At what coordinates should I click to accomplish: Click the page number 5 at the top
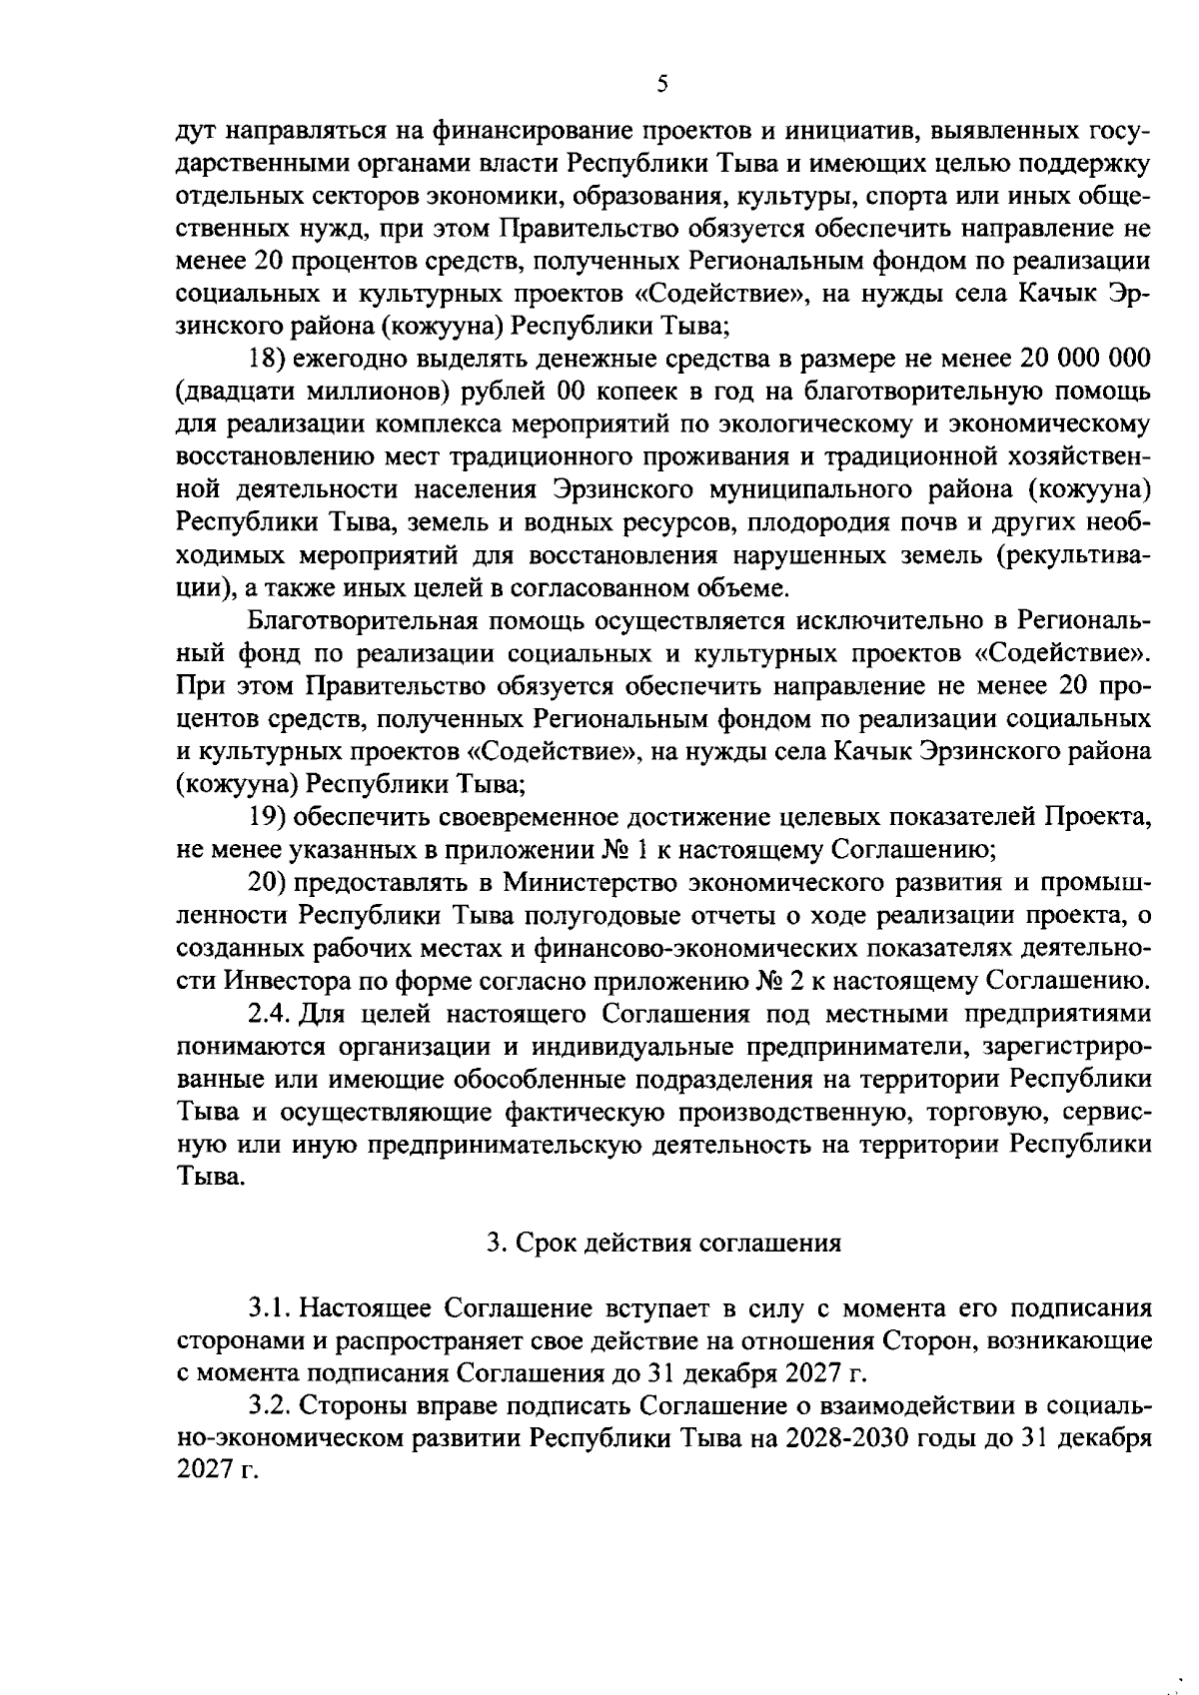(x=662, y=85)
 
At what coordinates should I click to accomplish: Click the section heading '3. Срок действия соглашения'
(x=662, y=1243)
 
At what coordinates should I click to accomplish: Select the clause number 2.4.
(x=269, y=1014)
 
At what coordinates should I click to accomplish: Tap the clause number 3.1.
(x=269, y=1307)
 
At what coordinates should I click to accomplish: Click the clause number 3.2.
(x=269, y=1406)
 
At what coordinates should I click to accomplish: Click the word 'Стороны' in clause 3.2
(x=346, y=1406)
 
